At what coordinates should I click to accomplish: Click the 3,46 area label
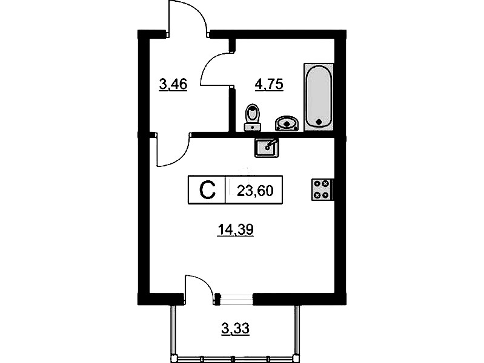173,84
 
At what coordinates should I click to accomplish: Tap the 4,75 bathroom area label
269,84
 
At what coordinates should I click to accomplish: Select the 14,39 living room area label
236,229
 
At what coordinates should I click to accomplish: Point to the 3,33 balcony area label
235,329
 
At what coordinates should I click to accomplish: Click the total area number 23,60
255,191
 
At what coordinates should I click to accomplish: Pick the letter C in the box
207,190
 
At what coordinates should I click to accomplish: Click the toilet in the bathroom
253,117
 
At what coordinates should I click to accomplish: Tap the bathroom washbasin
287,123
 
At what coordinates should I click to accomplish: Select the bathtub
319,97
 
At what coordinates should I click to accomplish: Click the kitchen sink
267,148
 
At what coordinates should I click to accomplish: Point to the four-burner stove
322,190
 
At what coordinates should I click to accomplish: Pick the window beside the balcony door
237,299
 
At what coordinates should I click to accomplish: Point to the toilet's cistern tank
253,127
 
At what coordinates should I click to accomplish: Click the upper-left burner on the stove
317,184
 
